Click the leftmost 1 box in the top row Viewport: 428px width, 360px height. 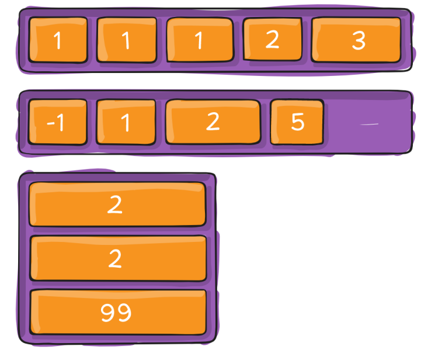point(58,40)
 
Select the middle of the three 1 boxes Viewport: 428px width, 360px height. point(126,40)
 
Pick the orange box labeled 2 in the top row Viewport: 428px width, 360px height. point(272,39)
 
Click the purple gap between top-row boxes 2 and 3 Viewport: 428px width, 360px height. point(306,40)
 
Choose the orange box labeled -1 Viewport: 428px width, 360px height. point(57,122)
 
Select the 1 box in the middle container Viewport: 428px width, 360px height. point(126,122)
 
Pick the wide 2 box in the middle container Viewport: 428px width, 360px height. point(213,122)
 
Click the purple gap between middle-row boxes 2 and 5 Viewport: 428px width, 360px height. point(265,122)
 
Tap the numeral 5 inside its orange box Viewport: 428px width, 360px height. point(298,122)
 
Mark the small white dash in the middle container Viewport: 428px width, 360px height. point(370,124)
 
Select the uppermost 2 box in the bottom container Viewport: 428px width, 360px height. point(117,205)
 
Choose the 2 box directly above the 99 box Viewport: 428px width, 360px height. point(117,258)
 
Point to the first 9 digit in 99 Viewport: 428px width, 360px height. point(108,313)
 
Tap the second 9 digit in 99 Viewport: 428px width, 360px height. point(124,313)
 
